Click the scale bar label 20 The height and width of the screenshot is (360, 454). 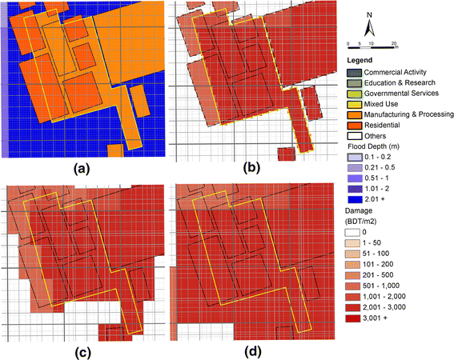(395, 43)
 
